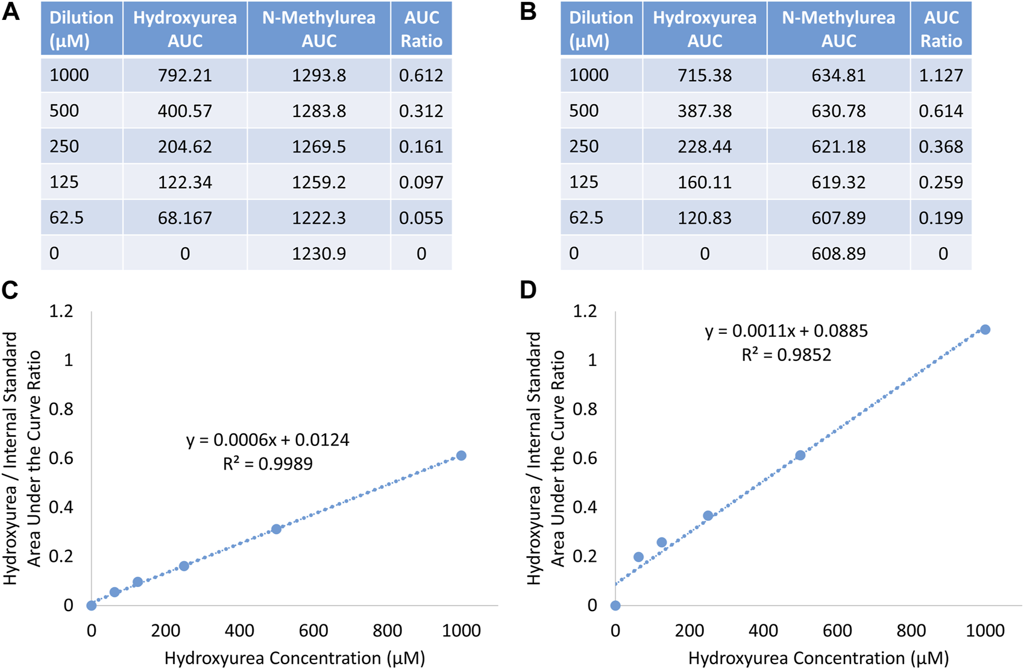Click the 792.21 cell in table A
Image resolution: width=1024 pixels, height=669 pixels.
(184, 75)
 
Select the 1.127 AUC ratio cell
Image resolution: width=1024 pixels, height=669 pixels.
(941, 75)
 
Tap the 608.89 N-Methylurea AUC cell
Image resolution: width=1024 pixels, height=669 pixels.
(838, 253)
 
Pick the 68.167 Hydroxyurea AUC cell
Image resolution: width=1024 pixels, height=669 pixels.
(184, 218)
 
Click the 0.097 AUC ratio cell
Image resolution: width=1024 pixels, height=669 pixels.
(421, 182)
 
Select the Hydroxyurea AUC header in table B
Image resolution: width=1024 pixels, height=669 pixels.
(705, 29)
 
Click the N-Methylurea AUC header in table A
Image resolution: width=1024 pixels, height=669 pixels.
(319, 29)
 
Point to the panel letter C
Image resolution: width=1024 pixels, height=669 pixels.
(10, 291)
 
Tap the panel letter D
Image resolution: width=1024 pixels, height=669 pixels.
(528, 291)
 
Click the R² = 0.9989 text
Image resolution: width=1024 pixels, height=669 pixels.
(268, 463)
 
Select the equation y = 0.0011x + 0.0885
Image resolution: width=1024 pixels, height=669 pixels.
(786, 331)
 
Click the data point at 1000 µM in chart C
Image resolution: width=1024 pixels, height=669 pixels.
(461, 456)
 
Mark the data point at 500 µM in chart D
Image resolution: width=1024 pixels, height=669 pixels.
(800, 455)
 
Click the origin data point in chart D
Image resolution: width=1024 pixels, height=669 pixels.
(615, 605)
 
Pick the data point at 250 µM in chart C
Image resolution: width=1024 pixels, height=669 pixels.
(184, 566)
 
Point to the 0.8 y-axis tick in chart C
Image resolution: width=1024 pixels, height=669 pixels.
(61, 409)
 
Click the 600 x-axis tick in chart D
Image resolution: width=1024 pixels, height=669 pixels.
(837, 631)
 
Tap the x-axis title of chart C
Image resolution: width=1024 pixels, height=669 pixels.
(295, 658)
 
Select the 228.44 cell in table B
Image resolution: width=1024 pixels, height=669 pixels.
(705, 146)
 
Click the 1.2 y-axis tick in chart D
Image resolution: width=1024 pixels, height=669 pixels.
(585, 311)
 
